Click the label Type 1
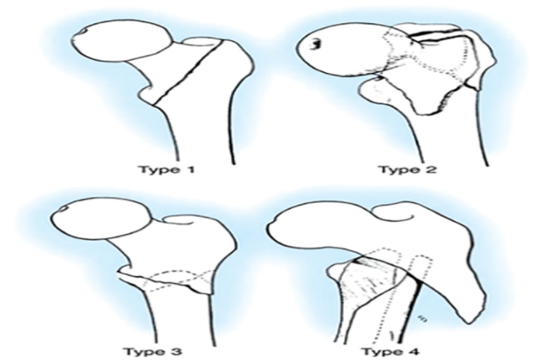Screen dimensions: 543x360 click(x=166, y=170)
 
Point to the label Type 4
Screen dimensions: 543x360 click(x=391, y=352)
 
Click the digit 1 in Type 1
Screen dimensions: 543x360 click(x=190, y=170)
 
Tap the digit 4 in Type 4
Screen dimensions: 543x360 click(x=414, y=351)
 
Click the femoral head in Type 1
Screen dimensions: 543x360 click(x=123, y=41)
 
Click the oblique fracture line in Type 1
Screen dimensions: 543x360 click(x=189, y=72)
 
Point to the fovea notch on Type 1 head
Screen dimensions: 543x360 click(x=82, y=31)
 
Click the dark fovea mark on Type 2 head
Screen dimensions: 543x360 click(x=315, y=44)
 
